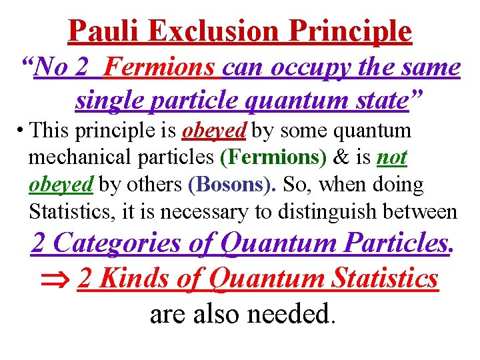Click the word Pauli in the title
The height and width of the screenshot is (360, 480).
(x=104, y=31)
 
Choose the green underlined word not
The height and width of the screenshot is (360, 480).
(x=392, y=158)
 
